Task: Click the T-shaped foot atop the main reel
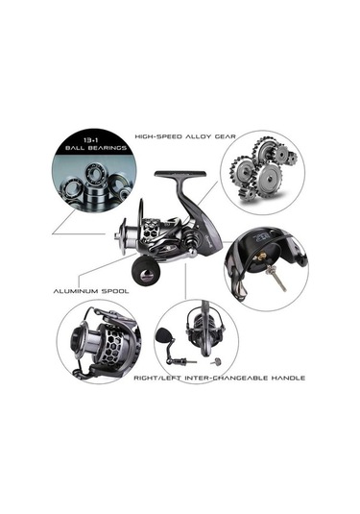(180, 178)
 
